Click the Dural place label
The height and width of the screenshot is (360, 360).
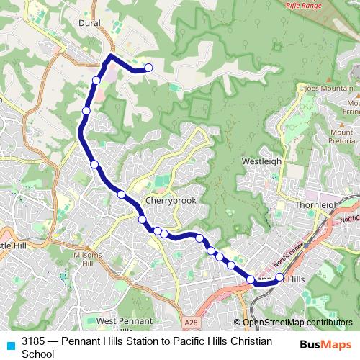coord(90,23)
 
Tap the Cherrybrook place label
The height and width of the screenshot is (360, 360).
coord(171,201)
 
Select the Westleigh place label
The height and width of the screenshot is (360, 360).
coord(261,161)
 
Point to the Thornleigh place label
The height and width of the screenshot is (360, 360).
coord(317,204)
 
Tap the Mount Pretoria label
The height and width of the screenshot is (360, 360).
coord(343,136)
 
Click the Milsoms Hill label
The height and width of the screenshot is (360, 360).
coord(88,259)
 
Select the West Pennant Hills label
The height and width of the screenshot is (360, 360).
coord(124,325)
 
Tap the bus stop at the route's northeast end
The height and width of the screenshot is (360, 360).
coord(149,68)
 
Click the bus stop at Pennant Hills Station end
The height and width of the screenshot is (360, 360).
coord(279,277)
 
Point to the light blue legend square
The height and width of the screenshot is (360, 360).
coord(9,345)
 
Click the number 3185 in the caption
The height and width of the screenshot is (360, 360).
coord(34,340)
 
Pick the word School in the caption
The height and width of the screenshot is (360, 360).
coord(38,353)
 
